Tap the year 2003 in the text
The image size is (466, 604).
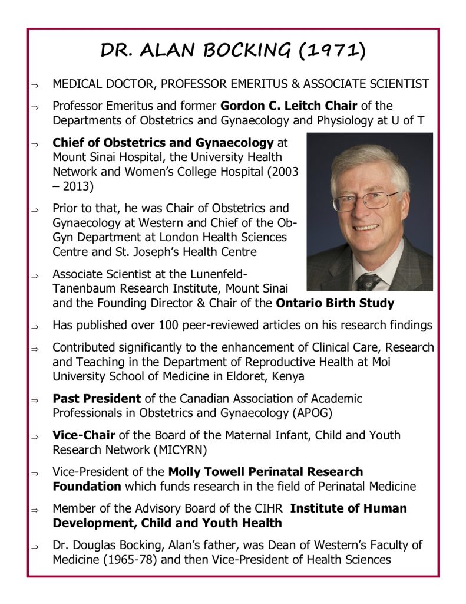(x=285, y=172)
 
